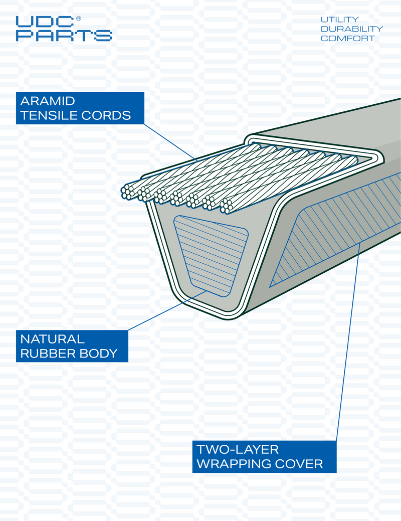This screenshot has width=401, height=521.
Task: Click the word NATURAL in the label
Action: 52,339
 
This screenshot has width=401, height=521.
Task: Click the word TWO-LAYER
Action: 238,449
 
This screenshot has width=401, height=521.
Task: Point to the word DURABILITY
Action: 351,29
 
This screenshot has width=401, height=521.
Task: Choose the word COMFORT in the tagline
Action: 347,39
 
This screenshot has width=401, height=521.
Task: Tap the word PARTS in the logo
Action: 64,35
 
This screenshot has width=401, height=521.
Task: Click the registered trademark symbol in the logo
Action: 78,19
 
